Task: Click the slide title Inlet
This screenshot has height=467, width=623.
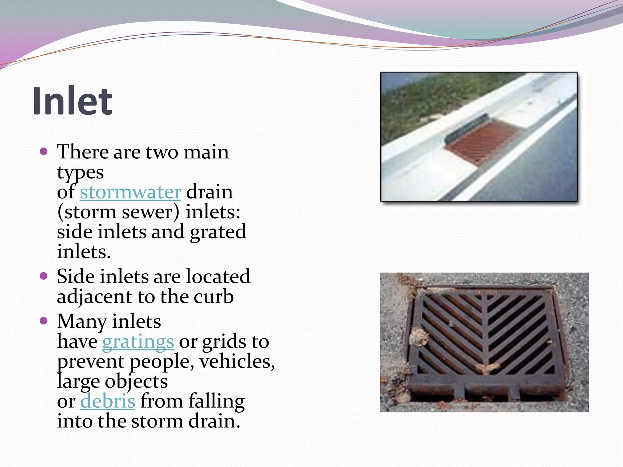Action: [72, 101]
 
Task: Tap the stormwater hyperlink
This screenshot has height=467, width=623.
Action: [131, 192]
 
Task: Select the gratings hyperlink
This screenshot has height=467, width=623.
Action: [138, 342]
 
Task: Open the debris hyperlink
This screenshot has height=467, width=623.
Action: [108, 401]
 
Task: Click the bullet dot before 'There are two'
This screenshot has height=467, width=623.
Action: [44, 151]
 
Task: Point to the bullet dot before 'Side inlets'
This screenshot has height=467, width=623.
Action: [44, 276]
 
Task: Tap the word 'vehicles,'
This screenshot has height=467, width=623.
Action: [237, 361]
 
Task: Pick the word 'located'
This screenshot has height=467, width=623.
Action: [218, 276]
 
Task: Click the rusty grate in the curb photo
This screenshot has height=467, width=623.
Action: [484, 142]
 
